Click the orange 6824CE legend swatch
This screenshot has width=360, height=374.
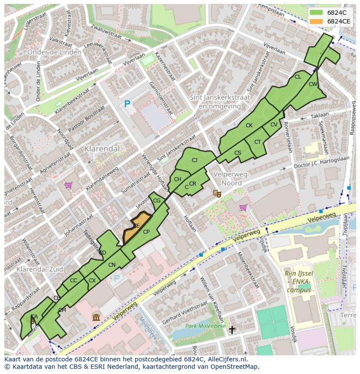[317, 21]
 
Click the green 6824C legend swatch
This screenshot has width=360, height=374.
[317, 13]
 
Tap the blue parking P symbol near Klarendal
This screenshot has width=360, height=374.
[127, 104]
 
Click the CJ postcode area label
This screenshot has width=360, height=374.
[194, 160]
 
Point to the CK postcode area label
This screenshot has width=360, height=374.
[249, 126]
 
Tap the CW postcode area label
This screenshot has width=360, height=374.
[313, 84]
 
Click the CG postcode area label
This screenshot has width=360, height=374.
[157, 200]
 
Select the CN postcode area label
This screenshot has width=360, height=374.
[112, 265]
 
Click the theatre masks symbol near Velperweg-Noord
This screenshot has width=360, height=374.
[216, 193]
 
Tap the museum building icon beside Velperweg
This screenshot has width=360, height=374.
[96, 317]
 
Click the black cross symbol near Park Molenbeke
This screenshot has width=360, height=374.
[232, 330]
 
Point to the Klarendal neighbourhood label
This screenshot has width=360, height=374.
[102, 149]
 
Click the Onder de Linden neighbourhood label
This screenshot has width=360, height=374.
[54, 52]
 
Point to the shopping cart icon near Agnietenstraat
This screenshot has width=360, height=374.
[68, 185]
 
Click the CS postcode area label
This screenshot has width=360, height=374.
[237, 153]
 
